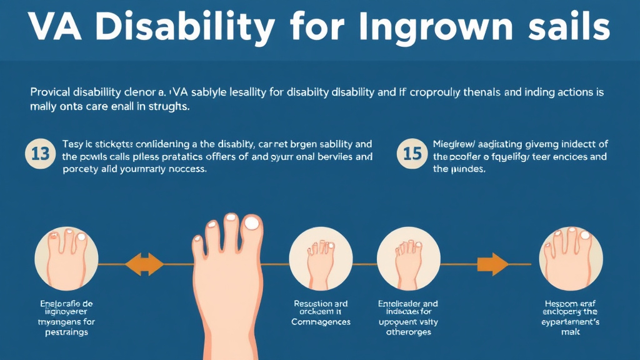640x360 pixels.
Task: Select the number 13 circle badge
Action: click(x=40, y=154)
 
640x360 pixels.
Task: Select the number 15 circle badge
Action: click(x=412, y=154)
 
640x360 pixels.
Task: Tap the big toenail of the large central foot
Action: click(x=252, y=223)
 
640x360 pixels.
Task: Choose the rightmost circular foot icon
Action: click(x=571, y=256)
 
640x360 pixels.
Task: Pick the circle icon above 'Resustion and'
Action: click(x=321, y=256)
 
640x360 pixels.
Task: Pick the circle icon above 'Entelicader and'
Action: click(x=409, y=256)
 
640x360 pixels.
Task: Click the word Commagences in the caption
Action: click(x=321, y=322)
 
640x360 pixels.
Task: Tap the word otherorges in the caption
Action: click(x=409, y=332)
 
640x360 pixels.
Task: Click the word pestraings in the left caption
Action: click(x=66, y=332)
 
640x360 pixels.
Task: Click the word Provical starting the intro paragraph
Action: click(x=51, y=92)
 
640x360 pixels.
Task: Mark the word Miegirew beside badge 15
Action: click(x=457, y=144)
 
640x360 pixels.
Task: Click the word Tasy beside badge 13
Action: click(x=73, y=144)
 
